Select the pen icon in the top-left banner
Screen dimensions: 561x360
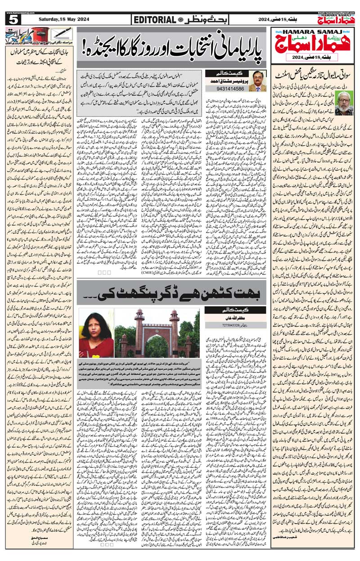click(x=58, y=34)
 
